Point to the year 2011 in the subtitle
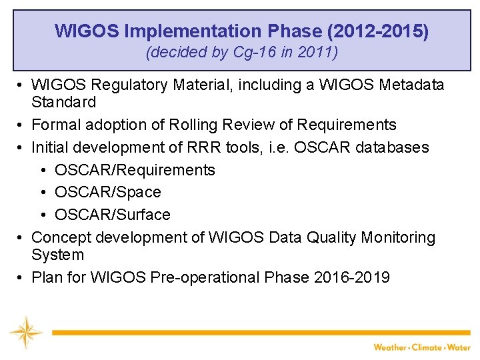(319, 53)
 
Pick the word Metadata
(411, 85)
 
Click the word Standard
(64, 102)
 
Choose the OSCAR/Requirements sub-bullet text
(135, 170)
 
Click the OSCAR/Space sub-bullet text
(108, 192)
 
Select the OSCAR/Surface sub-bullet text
(113, 215)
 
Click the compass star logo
(25, 332)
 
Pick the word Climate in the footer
(427, 347)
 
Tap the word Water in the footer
(459, 347)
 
